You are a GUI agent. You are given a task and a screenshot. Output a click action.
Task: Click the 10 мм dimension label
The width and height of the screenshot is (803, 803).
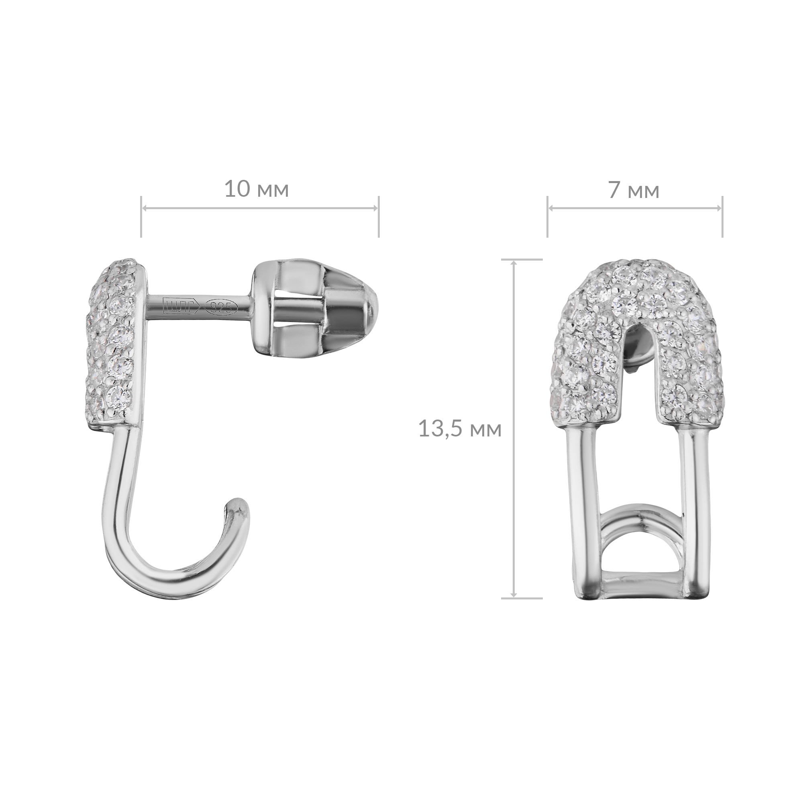[x=256, y=190]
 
